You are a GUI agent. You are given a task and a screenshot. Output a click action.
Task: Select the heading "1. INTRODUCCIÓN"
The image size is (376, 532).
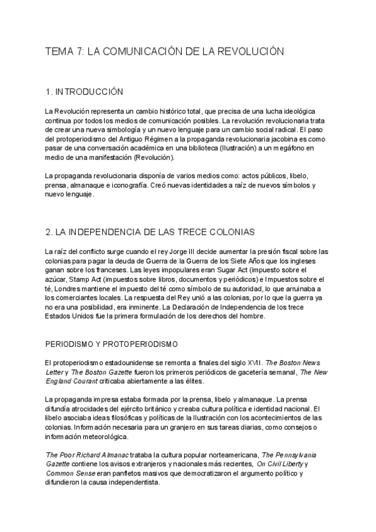(85, 92)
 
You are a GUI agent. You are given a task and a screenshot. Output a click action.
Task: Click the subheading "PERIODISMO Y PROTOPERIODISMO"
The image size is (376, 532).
(112, 344)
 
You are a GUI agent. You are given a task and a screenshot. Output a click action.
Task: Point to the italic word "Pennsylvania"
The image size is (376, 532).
(298, 455)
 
